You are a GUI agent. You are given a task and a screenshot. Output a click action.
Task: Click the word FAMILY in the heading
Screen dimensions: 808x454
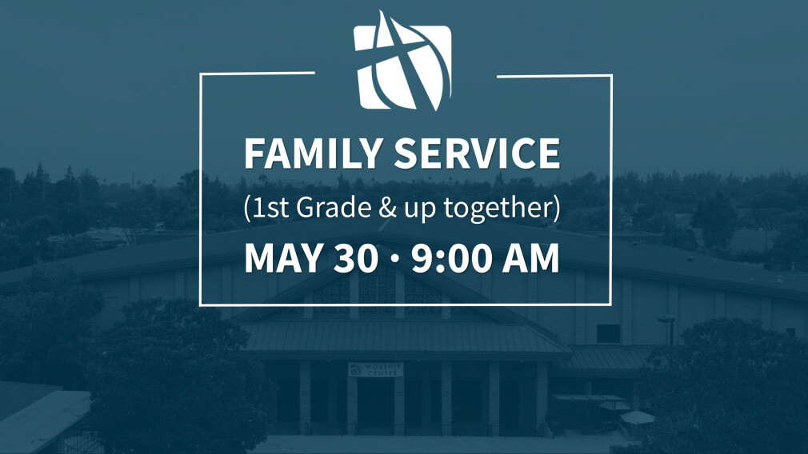(312, 153)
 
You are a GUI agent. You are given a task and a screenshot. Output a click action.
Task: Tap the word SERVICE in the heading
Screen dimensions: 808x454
(477, 153)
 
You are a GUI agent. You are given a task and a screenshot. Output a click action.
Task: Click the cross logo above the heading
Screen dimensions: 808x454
(402, 61)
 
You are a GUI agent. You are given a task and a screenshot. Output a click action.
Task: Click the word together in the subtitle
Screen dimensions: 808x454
(498, 208)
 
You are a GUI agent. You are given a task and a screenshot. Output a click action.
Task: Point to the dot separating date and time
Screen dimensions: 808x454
(394, 258)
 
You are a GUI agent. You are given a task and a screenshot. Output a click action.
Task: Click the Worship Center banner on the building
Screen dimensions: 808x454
(376, 369)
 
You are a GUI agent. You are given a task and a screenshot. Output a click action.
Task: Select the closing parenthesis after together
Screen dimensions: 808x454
(557, 208)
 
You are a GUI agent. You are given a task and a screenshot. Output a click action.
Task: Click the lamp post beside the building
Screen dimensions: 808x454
(668, 330)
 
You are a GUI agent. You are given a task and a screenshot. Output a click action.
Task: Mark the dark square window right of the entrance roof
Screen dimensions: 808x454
(609, 333)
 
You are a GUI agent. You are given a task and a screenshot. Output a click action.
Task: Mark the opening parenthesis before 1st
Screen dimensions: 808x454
(248, 208)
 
